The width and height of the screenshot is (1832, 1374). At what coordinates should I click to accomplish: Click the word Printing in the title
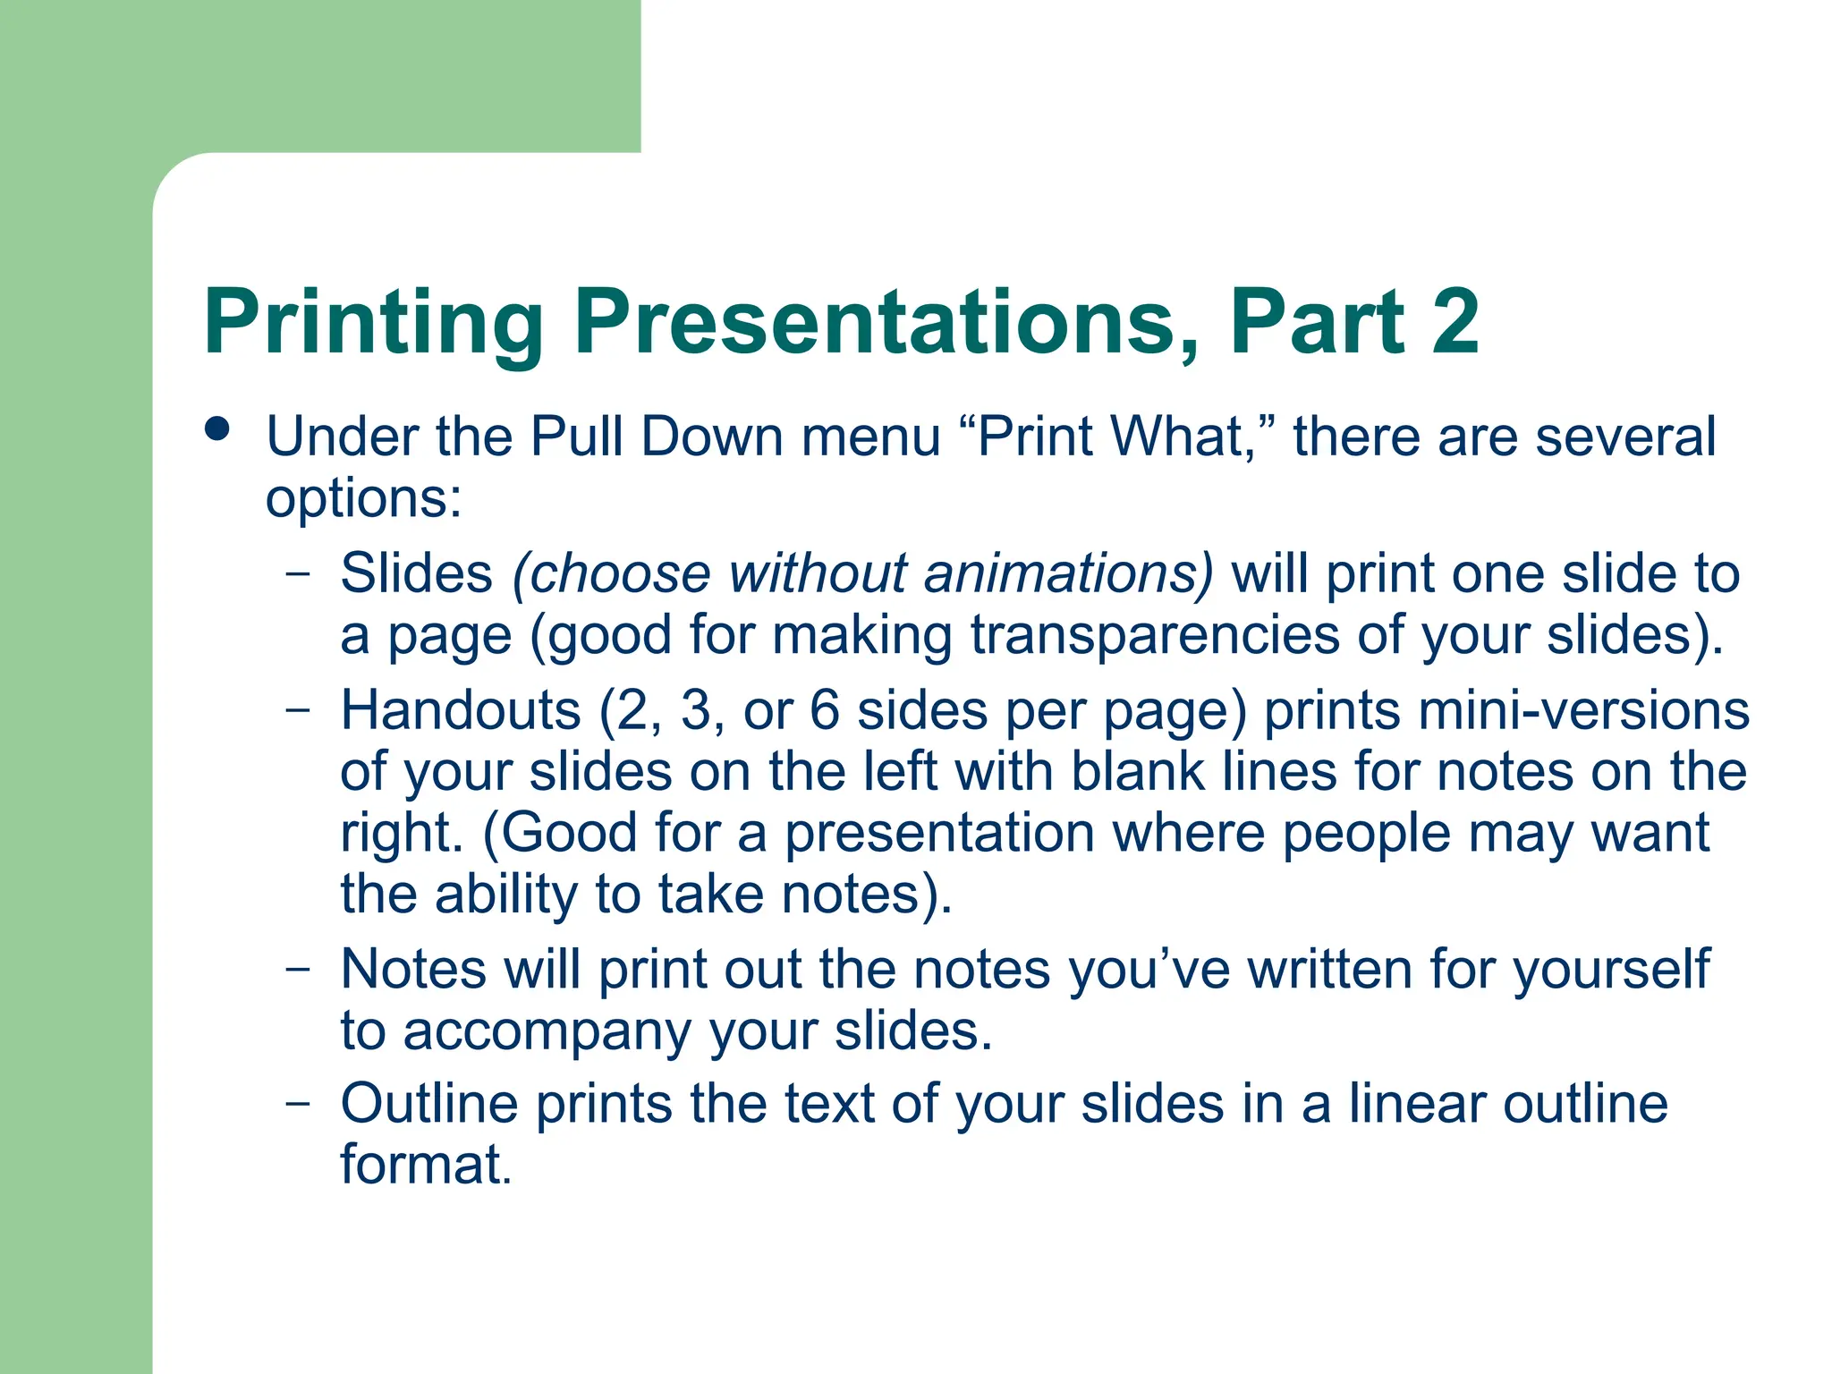(374, 324)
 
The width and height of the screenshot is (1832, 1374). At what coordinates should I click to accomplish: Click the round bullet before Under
(217, 428)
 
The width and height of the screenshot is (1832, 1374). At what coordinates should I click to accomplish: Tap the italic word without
(817, 573)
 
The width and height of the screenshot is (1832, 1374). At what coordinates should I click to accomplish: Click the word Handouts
(461, 711)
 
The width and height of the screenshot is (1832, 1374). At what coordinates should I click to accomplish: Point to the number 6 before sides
(825, 711)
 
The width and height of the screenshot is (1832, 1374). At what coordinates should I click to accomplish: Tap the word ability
(506, 895)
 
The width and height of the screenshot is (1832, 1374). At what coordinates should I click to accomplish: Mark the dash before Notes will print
(299, 969)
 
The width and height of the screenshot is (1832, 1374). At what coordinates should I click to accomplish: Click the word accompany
(547, 1031)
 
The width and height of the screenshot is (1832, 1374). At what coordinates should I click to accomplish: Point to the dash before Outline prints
(299, 1103)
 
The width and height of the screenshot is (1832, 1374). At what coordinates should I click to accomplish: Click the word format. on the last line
(426, 1165)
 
